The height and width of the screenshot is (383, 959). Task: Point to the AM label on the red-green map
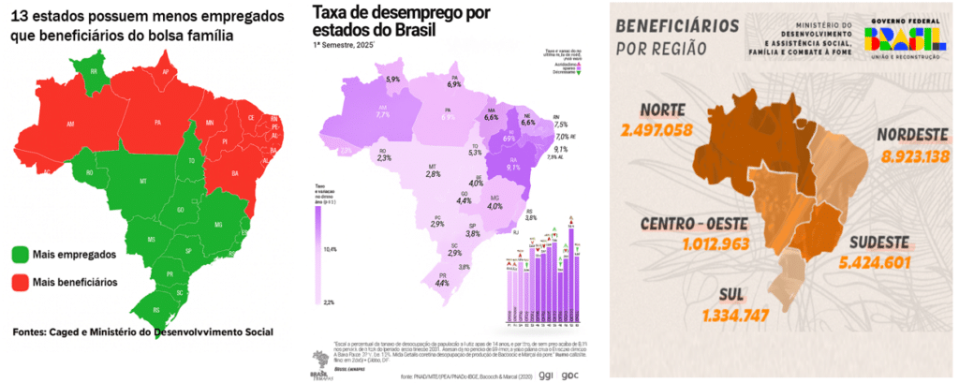(x=71, y=123)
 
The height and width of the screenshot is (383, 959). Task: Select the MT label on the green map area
(x=143, y=179)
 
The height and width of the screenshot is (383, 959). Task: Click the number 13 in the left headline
(x=22, y=15)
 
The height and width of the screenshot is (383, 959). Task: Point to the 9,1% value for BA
(x=513, y=169)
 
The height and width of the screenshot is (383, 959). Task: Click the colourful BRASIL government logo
(x=903, y=38)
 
